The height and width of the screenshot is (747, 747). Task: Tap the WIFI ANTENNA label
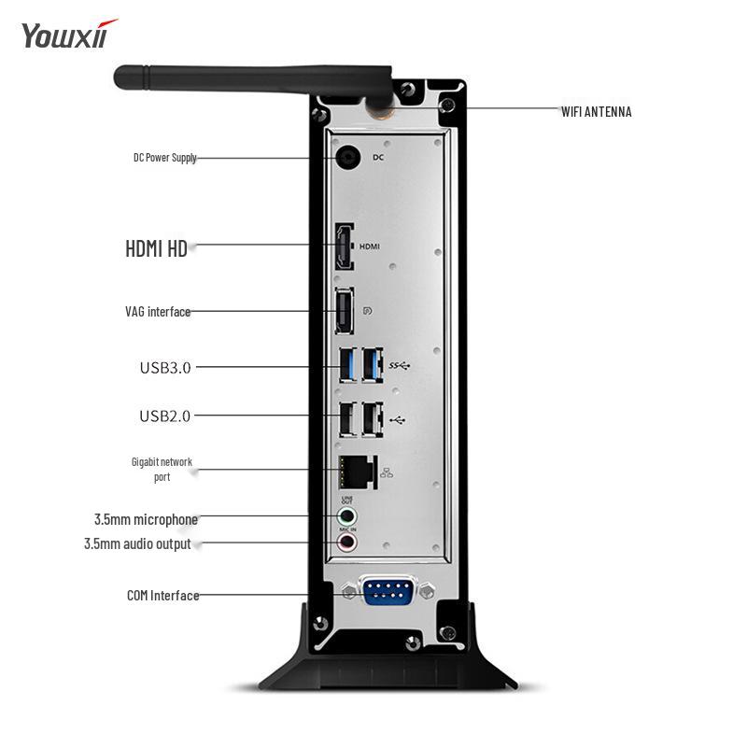(596, 112)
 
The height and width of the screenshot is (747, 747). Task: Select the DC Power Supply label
(164, 158)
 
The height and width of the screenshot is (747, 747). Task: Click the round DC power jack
(349, 157)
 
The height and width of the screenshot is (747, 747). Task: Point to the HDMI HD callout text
(156, 248)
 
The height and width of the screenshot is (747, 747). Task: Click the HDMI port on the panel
(345, 246)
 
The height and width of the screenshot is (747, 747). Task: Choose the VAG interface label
(158, 312)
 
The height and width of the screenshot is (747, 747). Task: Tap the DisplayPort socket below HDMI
(345, 311)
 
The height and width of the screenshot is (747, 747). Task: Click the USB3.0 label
(165, 368)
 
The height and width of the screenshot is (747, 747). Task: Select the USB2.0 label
(165, 416)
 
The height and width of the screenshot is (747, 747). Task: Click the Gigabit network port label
(162, 469)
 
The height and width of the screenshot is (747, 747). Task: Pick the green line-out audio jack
(347, 515)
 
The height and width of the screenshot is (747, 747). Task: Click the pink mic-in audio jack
(347, 542)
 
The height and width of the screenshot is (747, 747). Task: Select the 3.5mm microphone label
(146, 519)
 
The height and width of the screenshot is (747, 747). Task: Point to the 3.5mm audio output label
(137, 543)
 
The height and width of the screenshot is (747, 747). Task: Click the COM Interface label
(162, 595)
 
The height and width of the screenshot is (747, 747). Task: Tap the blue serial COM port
(388, 592)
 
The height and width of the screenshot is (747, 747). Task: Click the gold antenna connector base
(380, 110)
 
